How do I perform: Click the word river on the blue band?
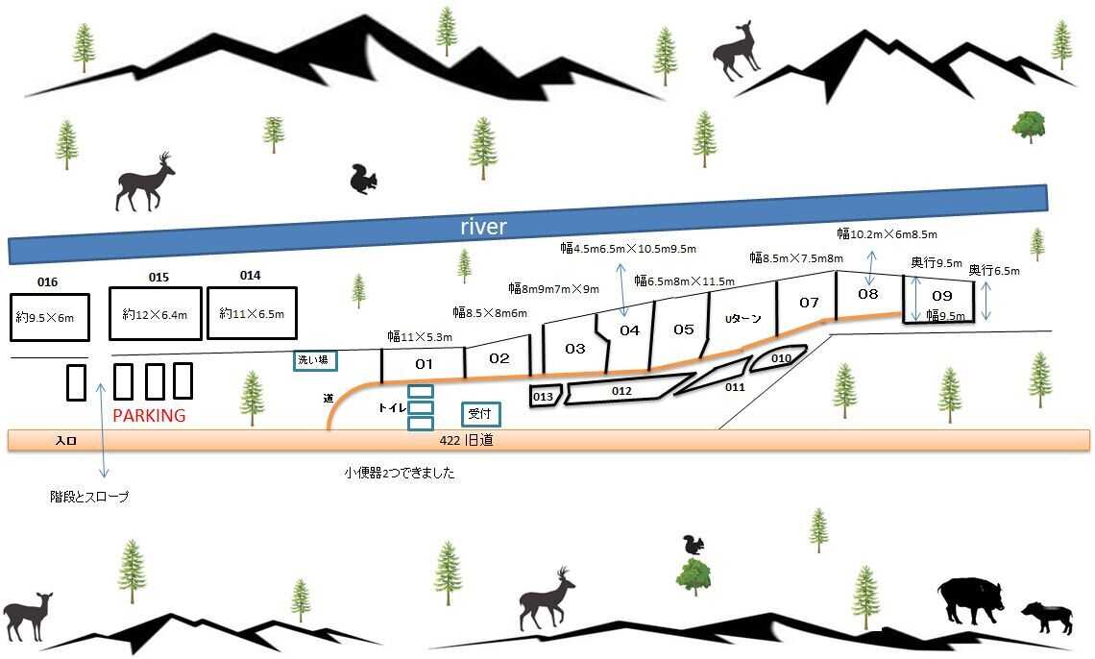(483, 226)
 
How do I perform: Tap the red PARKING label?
(150, 415)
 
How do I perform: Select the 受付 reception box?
(480, 414)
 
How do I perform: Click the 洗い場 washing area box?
(314, 360)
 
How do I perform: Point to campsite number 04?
(629, 330)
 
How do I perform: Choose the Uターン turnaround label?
(742, 319)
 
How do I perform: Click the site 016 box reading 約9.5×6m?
(50, 318)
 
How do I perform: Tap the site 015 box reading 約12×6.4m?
(155, 314)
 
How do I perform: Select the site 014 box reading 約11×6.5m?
(252, 313)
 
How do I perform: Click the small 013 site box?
(545, 397)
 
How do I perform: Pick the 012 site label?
(621, 391)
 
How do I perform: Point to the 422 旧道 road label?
(466, 441)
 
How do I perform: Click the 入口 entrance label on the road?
(65, 441)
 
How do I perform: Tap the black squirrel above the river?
(363, 180)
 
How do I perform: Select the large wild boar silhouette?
(971, 600)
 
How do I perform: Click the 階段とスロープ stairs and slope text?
(89, 497)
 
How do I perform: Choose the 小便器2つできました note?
(399, 473)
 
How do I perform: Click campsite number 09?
(942, 295)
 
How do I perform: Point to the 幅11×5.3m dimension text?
(420, 336)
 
